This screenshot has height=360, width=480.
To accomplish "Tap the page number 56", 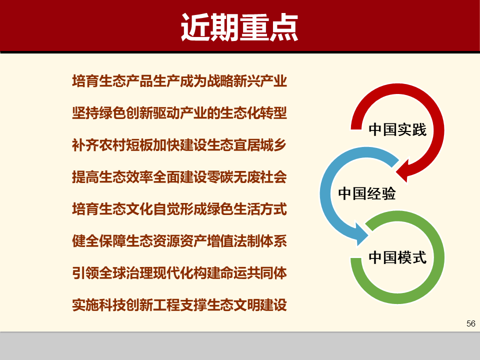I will point(470,323).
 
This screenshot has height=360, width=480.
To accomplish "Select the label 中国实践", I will point(397,130).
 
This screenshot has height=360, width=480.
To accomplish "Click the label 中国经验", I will point(367,193).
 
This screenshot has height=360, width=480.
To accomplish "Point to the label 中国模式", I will point(397,257).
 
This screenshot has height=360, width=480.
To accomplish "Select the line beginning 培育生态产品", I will point(179,81).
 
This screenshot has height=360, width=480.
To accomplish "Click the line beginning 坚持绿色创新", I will point(179,113).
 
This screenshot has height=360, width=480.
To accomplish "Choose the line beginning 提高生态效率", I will point(179,177).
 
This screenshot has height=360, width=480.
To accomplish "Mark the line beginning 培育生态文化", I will point(179,209).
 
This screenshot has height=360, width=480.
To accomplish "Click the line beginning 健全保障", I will point(179,241).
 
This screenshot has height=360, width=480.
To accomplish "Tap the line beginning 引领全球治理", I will point(179,273).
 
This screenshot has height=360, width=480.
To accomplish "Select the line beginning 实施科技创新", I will point(179,305).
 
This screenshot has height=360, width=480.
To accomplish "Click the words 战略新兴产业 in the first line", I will point(247,81).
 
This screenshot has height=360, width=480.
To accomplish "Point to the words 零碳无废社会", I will point(247,177).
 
